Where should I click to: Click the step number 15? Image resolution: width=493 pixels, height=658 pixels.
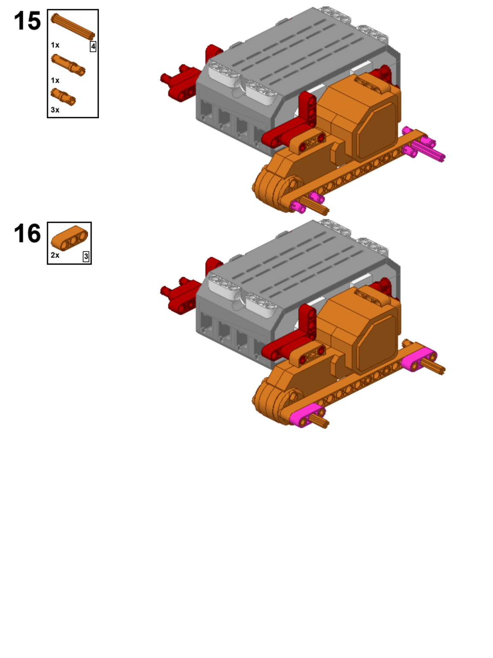tap(27, 21)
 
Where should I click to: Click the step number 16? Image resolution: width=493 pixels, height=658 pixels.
tap(27, 233)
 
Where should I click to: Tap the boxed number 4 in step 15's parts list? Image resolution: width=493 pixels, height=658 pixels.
tap(93, 46)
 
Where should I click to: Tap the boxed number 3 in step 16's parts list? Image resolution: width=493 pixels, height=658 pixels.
tap(86, 257)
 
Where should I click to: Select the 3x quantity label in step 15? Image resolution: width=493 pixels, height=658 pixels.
tap(55, 110)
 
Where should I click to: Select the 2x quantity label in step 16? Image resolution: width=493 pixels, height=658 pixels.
tap(55, 255)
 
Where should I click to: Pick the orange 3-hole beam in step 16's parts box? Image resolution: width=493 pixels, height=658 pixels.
tap(69, 238)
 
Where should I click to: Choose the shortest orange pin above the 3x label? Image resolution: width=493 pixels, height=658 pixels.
tap(63, 96)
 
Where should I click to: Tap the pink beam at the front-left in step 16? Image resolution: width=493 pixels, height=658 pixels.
tap(307, 415)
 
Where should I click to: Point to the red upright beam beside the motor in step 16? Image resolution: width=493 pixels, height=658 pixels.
tap(308, 321)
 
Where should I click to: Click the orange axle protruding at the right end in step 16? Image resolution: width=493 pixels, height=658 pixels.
tap(433, 367)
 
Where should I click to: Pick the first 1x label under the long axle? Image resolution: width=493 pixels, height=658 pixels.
tap(55, 45)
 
